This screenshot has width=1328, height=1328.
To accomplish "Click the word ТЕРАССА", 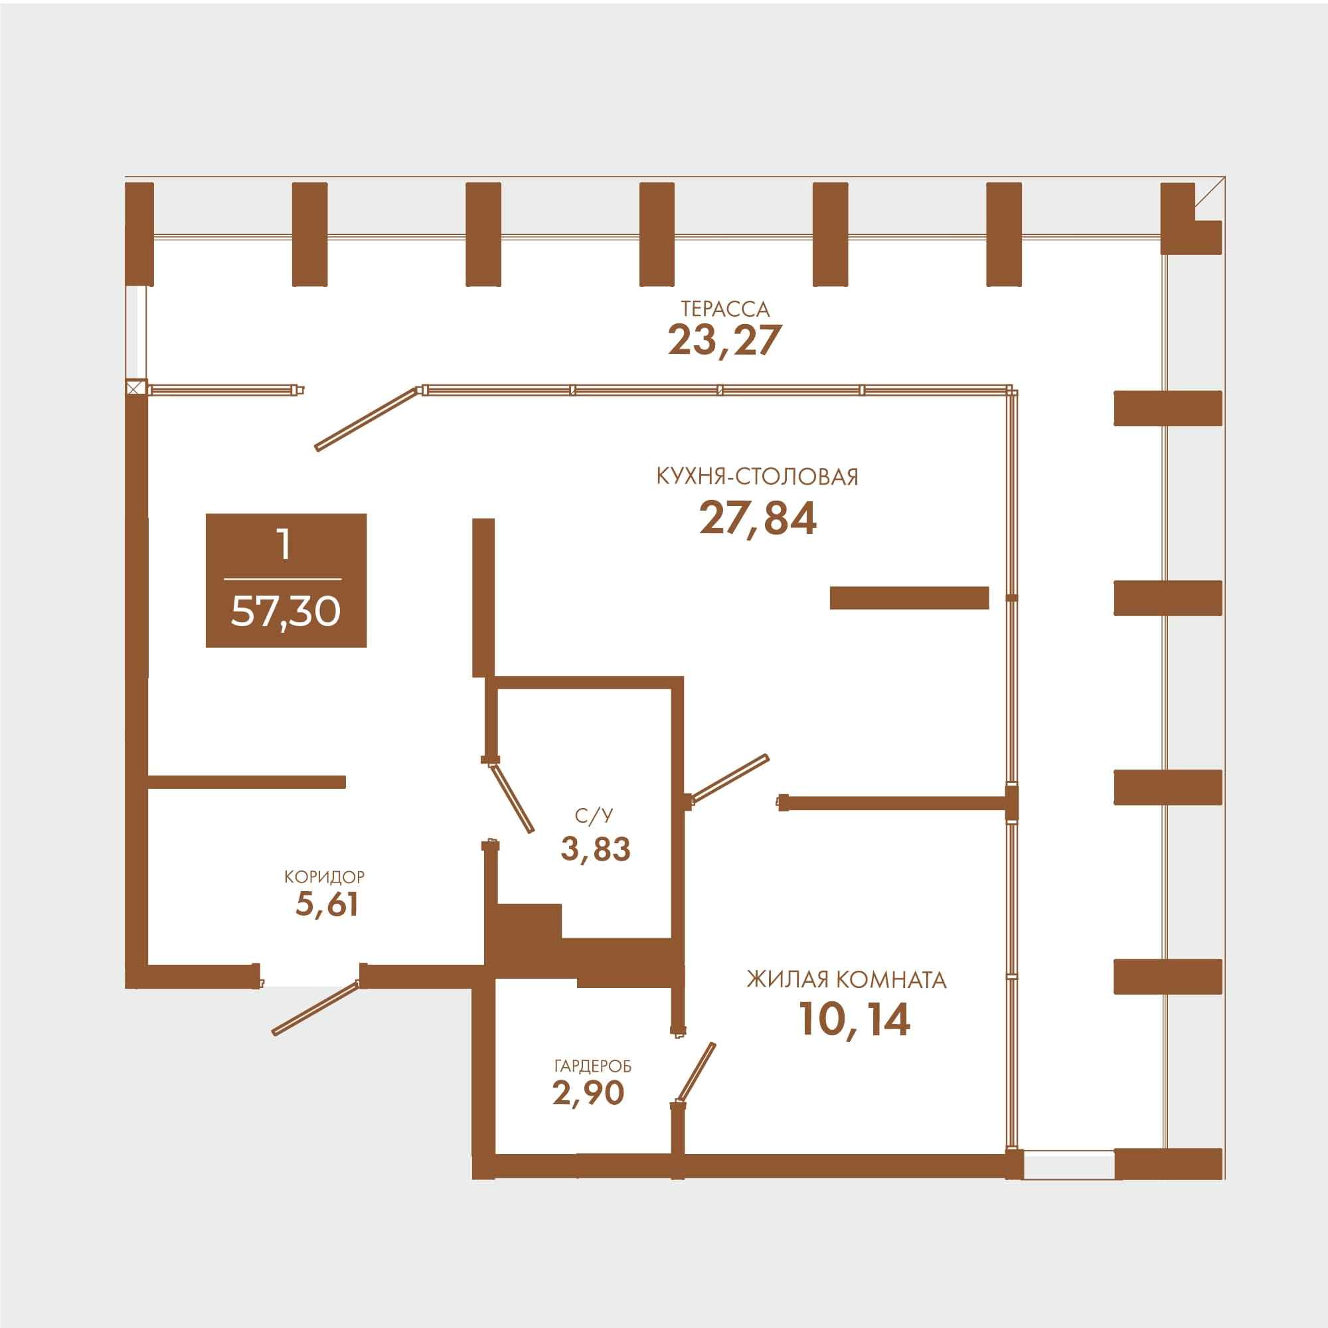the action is coord(725,309).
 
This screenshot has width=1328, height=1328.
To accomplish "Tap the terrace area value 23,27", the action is coord(725,340).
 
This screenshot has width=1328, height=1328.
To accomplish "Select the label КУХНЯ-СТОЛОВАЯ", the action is coord(758,476).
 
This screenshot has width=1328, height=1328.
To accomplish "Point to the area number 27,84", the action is coord(758,519).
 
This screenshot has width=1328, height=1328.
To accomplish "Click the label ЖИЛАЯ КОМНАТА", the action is coord(847,980).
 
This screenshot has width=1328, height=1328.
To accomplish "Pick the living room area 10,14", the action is coord(855,1019).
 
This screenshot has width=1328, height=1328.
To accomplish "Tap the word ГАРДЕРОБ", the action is coord(592,1066).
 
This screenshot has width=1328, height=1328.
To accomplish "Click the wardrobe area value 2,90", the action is coord(588,1092).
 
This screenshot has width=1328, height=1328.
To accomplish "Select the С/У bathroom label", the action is coord(594,816).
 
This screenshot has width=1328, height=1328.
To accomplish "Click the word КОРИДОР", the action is coord(325,877).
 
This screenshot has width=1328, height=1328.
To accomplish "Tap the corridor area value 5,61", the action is coord(327,904).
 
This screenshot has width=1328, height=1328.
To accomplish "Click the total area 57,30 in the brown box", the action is coord(286,611).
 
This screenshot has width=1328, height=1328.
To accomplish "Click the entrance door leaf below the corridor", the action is coord(315,1009).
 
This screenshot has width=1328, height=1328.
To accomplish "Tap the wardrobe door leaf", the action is coord(697,1074).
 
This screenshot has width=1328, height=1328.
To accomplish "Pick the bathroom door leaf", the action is coord(512,797).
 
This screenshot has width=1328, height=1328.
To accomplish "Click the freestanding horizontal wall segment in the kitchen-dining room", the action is coord(910,598).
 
